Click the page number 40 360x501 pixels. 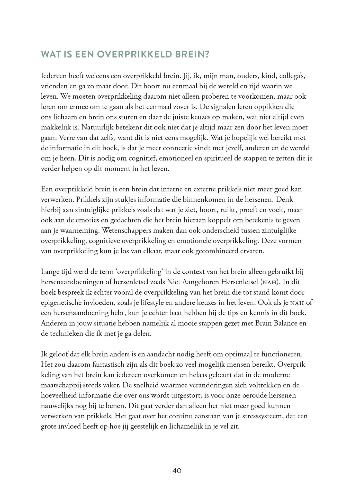tap(177, 471)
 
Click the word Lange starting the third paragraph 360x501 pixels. tap(50, 272)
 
